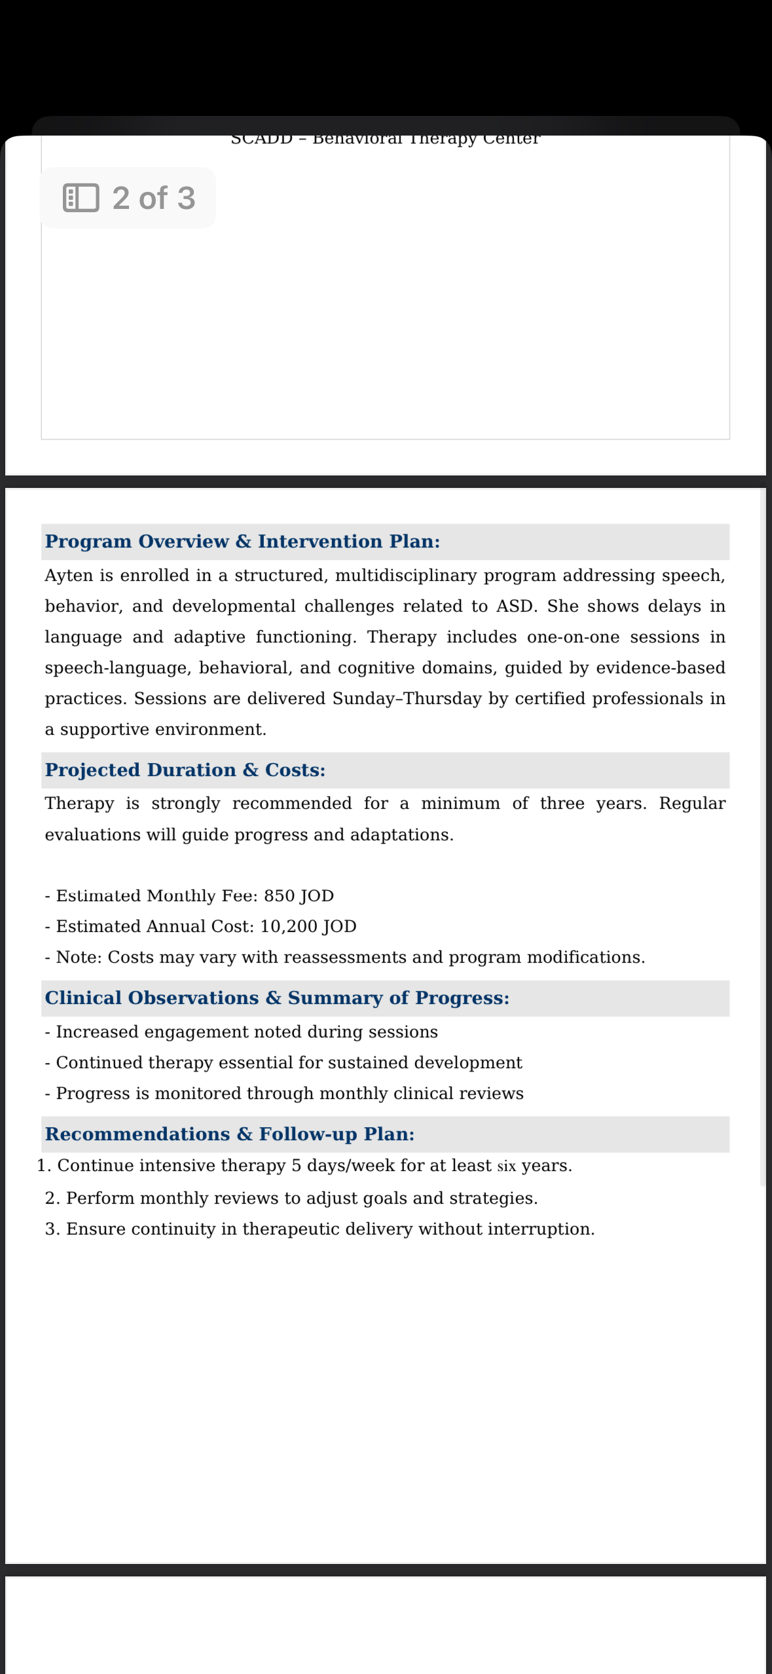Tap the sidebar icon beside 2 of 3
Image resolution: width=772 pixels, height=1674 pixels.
point(81,198)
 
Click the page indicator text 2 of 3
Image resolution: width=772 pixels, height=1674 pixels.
point(154,198)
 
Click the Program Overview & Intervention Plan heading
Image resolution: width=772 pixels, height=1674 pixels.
point(242,542)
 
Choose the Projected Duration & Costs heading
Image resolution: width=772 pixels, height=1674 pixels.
point(185,770)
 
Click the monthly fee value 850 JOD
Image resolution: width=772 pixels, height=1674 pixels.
point(299,896)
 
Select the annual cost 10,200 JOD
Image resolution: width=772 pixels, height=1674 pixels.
point(308,927)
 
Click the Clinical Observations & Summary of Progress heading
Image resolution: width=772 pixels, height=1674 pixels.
point(277,998)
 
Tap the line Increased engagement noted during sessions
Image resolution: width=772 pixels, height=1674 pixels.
point(246,1032)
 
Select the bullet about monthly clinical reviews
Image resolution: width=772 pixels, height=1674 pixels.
point(289,1094)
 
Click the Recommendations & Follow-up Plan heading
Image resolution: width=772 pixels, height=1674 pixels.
point(230,1134)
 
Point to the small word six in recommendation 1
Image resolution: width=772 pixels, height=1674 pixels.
point(506,1166)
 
